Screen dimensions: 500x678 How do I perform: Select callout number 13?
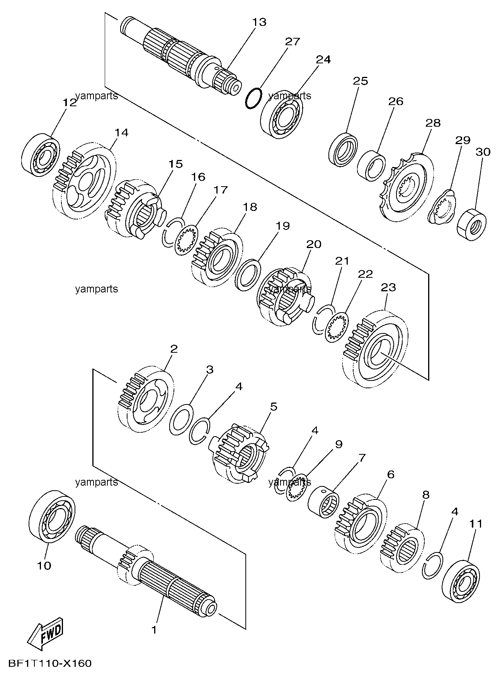259,22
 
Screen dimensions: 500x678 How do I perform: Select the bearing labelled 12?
40,153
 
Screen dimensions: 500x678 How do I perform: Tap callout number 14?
121,133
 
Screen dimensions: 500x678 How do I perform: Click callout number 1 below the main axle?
154,630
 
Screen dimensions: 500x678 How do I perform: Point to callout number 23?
388,287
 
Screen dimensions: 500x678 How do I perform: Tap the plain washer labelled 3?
181,418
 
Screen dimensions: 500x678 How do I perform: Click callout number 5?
274,406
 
